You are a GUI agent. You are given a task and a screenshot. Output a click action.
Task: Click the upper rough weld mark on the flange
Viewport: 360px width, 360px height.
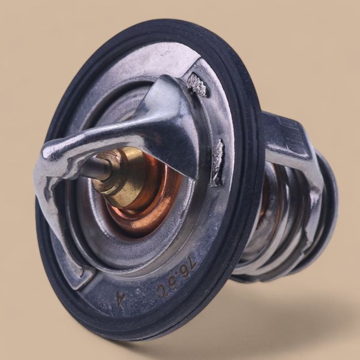pyautogui.click(x=197, y=84)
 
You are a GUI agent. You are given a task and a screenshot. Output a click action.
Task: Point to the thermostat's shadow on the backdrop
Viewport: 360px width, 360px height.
pyautogui.click(x=267, y=329)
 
